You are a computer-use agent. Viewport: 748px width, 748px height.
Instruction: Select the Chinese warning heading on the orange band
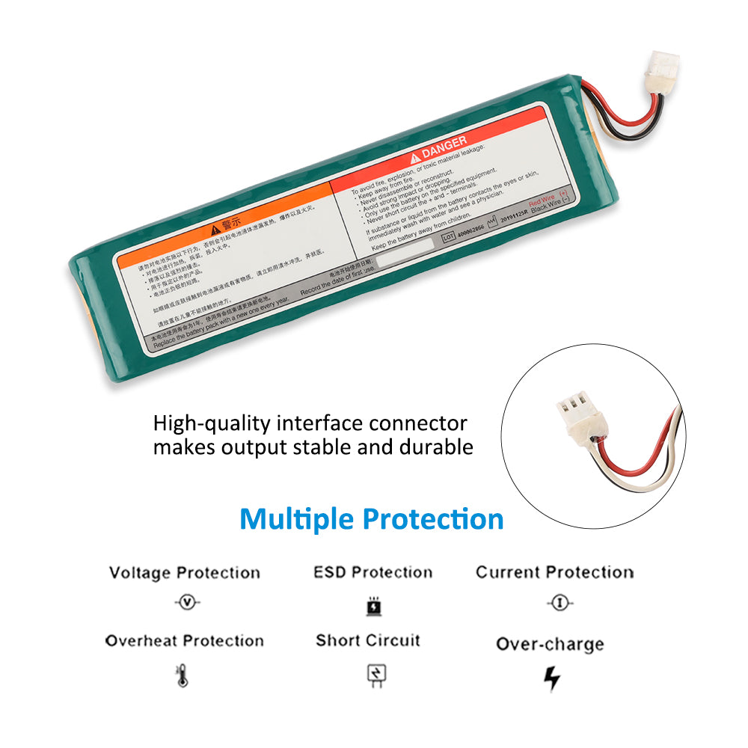click(225, 224)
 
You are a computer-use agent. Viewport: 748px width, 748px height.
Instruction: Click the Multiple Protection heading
click(372, 518)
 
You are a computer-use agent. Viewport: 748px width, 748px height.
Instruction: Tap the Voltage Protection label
click(185, 573)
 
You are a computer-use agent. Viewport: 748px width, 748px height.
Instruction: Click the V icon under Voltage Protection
click(186, 603)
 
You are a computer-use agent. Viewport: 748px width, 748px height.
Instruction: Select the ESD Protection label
click(373, 572)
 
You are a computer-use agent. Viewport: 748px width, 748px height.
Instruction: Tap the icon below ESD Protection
click(373, 605)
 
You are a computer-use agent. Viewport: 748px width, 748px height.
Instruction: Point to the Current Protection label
click(554, 572)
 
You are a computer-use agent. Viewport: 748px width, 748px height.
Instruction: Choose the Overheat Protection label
click(185, 640)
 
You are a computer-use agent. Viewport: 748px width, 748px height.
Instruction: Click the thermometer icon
click(183, 676)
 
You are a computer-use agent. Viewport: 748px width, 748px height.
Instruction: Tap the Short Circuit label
click(368, 640)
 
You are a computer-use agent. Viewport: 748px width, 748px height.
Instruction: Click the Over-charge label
click(550, 644)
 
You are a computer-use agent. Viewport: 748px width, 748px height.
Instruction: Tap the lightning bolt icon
click(551, 678)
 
